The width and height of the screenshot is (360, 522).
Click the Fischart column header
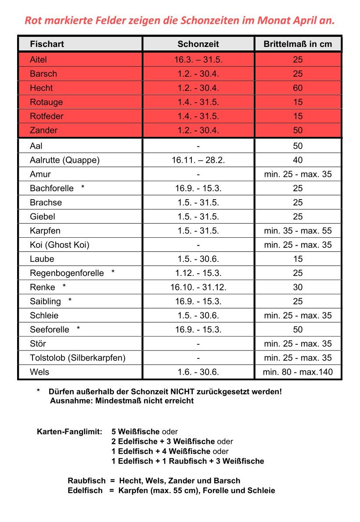pyautogui.click(x=47, y=44)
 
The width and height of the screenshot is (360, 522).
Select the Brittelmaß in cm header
pyautogui.click(x=298, y=44)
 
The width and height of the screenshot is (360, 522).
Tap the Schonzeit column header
pyautogui.click(x=198, y=44)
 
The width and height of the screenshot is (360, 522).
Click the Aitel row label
pyautogui.click(x=38, y=60)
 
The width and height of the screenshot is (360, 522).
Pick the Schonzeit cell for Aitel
pyautogui.click(x=198, y=60)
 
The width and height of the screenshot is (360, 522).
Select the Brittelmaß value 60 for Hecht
pyautogui.click(x=298, y=88)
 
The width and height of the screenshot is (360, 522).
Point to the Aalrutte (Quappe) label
pyautogui.click(x=65, y=160)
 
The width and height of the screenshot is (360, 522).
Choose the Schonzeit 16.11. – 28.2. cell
pyautogui.click(x=198, y=160)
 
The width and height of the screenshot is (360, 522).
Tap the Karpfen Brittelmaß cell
pyautogui.click(x=298, y=231)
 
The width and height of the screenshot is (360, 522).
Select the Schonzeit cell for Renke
pyautogui.click(x=198, y=287)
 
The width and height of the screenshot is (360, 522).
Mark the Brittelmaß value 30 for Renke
pyautogui.click(x=298, y=287)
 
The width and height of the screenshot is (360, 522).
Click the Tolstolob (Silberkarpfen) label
pyautogui.click(x=77, y=358)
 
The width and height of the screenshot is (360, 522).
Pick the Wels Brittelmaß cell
pyautogui.click(x=298, y=372)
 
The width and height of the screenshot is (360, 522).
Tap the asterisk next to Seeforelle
pyautogui.click(x=78, y=329)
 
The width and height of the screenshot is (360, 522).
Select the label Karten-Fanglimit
pyautogui.click(x=69, y=432)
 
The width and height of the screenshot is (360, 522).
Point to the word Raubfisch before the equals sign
pyautogui.click(x=86, y=481)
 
